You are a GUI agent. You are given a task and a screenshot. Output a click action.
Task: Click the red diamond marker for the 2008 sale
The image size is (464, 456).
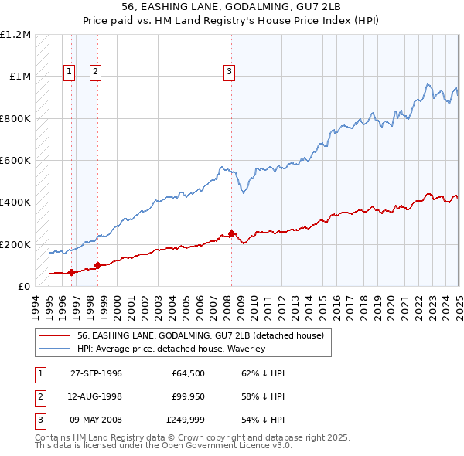point(231,233)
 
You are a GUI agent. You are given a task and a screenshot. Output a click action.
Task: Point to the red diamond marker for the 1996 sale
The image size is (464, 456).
point(72,272)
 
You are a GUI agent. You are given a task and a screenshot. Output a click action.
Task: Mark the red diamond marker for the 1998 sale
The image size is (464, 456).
point(97,265)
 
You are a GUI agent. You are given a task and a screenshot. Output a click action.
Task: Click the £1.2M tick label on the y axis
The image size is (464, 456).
point(15,35)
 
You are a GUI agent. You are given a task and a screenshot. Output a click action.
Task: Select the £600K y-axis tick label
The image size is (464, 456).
point(15,161)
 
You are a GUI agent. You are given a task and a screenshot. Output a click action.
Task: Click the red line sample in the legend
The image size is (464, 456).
point(55,335)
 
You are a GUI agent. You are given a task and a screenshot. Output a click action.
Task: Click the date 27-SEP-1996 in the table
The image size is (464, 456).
point(96,373)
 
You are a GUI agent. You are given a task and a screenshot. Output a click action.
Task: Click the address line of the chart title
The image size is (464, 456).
point(232,5)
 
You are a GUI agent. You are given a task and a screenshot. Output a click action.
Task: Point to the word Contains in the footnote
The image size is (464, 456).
point(52,437)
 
